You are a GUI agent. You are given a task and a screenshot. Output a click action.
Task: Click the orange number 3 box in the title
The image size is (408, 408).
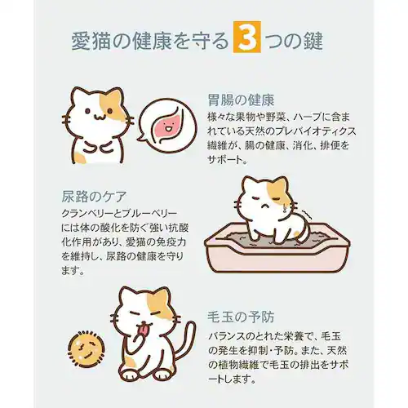tap(246, 40)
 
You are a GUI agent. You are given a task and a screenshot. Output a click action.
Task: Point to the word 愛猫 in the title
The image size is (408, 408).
tap(86, 41)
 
